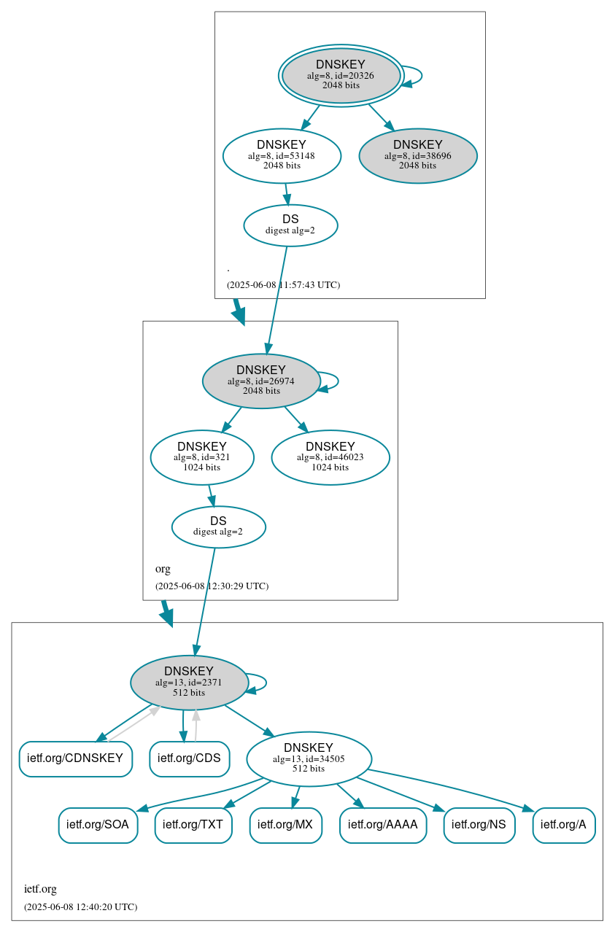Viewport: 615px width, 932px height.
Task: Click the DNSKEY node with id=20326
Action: pyautogui.click(x=341, y=75)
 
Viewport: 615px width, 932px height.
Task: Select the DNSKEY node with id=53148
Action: pyautogui.click(x=282, y=155)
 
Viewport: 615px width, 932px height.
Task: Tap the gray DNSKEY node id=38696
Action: pyautogui.click(x=417, y=155)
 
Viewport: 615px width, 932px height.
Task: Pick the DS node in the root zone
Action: pyautogui.click(x=290, y=225)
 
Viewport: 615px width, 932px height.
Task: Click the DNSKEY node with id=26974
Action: pyautogui.click(x=261, y=381)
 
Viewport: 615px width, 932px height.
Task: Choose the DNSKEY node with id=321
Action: pyautogui.click(x=202, y=457)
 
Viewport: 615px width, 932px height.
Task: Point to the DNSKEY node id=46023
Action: pyautogui.click(x=330, y=457)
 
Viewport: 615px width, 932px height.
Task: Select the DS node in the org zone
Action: pyautogui.click(x=218, y=527)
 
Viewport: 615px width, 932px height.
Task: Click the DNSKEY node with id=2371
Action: pyautogui.click(x=189, y=683)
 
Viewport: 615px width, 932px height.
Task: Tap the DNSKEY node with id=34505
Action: pyautogui.click(x=309, y=758)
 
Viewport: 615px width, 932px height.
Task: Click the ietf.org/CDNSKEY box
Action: pyautogui.click(x=75, y=758)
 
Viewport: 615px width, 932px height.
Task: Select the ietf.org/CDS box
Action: pyautogui.click(x=189, y=758)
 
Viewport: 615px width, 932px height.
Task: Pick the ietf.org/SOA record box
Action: pyautogui.click(x=98, y=825)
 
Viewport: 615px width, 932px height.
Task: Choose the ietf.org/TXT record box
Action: pyautogui.click(x=193, y=825)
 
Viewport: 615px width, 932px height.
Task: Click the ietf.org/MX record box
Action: pyautogui.click(x=285, y=825)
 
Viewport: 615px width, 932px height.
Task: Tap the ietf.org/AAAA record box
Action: pyautogui.click(x=382, y=825)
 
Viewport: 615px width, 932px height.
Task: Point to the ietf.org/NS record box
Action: pyautogui.click(x=479, y=825)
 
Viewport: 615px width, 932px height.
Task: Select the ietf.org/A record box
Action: pyautogui.click(x=563, y=825)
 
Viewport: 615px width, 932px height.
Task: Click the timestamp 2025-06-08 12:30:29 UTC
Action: pyautogui.click(x=212, y=586)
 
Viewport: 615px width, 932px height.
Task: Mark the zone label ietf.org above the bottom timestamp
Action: pyautogui.click(x=40, y=889)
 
